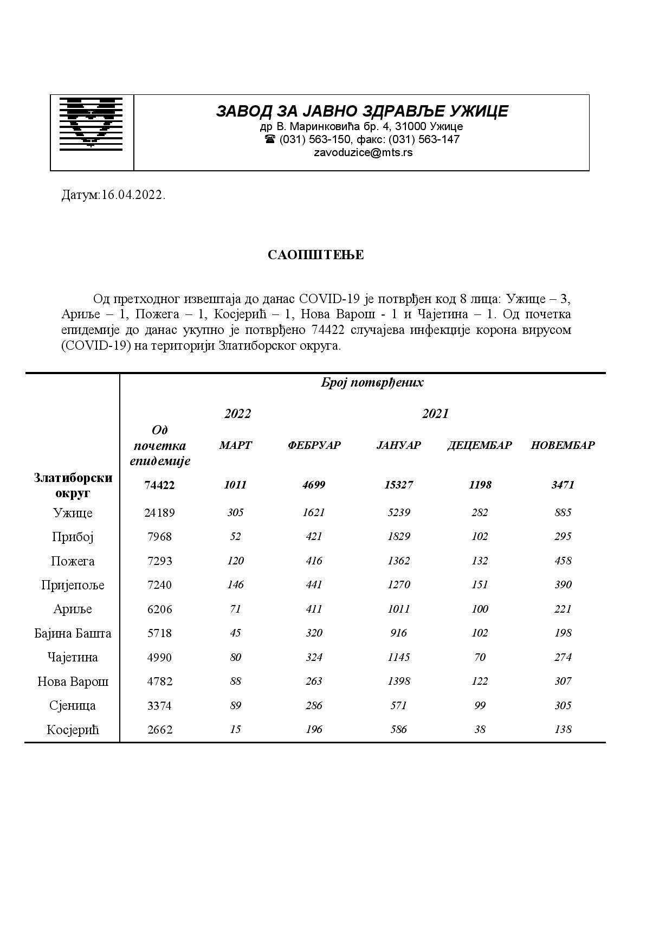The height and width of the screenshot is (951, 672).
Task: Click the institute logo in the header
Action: coord(91,123)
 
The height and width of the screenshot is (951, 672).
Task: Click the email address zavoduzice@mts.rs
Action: coord(363,152)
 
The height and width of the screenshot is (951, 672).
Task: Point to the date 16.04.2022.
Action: coord(133,195)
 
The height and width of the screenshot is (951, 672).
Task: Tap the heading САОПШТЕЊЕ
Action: coord(315,255)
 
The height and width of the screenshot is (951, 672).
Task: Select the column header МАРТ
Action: coord(235,445)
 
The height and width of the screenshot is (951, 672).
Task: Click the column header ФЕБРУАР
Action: coord(314,445)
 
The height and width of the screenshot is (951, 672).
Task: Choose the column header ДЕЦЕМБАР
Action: coord(479,445)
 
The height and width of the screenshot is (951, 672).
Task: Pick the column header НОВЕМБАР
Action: coord(563,445)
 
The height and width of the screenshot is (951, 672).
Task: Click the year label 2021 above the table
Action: coord(435,414)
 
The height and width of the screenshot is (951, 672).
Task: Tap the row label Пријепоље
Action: coord(73,585)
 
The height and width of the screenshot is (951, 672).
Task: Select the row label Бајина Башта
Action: coord(73,633)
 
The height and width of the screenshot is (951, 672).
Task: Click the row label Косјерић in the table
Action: coord(73,730)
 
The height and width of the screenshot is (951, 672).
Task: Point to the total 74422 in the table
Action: coord(159,485)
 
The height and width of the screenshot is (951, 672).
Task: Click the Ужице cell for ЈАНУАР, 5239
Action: coord(398,512)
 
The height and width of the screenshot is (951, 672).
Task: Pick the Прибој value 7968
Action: coord(159,537)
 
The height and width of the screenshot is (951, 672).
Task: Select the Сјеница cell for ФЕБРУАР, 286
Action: coord(314,705)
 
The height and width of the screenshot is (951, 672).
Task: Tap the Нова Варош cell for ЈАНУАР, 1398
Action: coord(398,681)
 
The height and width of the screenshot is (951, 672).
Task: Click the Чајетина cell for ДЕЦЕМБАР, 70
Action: coord(479,657)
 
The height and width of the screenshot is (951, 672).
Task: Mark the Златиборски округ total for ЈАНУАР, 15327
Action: coord(398,485)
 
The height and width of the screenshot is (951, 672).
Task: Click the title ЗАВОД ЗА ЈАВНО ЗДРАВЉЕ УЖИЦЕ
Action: coord(362,111)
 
